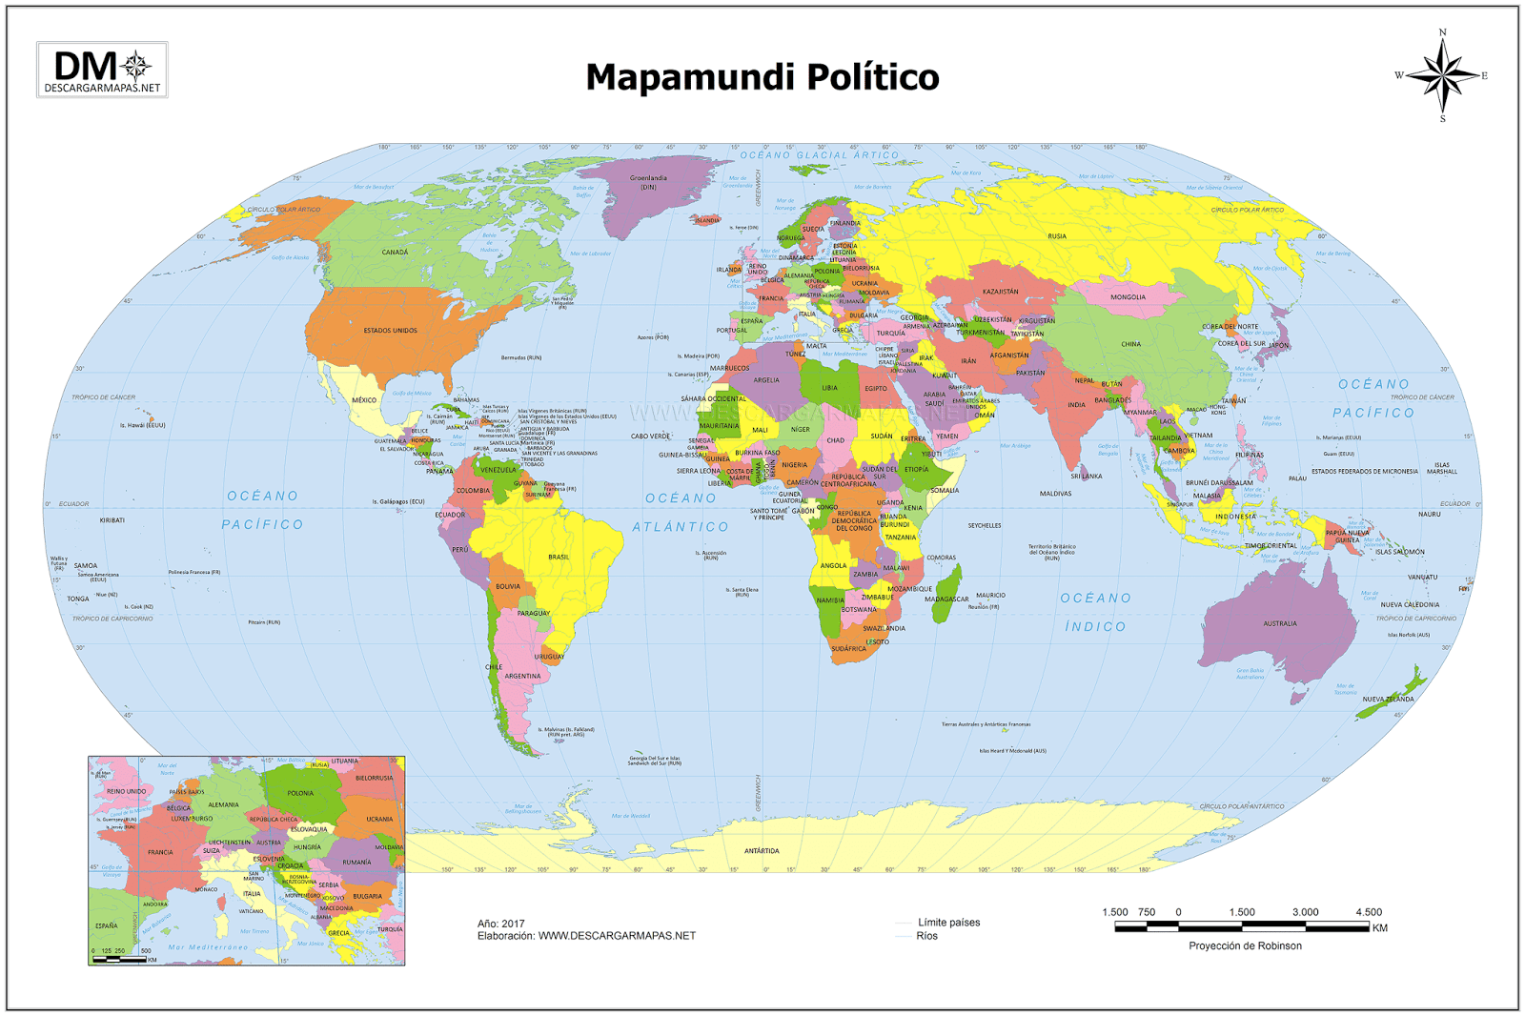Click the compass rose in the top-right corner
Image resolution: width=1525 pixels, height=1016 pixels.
coord(1442,76)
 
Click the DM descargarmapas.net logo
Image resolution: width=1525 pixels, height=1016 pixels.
coord(102,70)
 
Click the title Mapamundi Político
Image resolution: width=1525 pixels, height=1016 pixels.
coord(762,77)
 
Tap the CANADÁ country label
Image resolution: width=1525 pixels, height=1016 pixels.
coord(395,253)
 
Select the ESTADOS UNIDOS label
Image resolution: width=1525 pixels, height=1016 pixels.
coord(390,331)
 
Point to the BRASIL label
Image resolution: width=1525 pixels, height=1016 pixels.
coord(559,557)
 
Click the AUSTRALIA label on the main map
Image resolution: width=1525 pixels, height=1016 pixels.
coord(1279,623)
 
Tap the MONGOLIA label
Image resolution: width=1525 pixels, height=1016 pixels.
coord(1128,297)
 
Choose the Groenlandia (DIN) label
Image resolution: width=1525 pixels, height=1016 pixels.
coord(648,182)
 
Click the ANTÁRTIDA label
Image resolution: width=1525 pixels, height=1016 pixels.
coord(762,851)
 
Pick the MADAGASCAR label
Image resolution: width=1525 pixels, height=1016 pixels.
coord(946,599)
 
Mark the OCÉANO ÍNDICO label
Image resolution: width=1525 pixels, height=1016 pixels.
coord(1095,612)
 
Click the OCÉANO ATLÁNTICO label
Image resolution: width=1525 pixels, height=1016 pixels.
coord(681,512)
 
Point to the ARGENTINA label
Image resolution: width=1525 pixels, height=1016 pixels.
coord(522,676)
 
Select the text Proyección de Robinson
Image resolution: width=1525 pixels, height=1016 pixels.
coord(1245,945)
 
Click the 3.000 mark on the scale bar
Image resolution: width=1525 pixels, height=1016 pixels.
coord(1305,912)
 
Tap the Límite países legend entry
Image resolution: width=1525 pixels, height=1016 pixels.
coord(947,922)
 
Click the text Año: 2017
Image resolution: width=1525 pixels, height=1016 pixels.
coord(501,924)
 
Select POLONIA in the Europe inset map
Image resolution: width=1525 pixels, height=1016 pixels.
coord(300,793)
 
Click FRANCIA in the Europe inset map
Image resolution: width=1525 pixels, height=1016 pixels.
coord(160,852)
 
